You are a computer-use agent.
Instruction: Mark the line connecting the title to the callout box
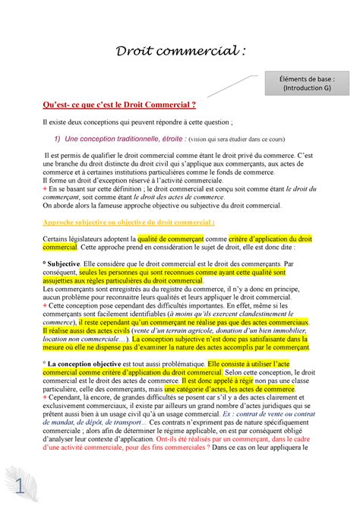coord(231,86)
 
